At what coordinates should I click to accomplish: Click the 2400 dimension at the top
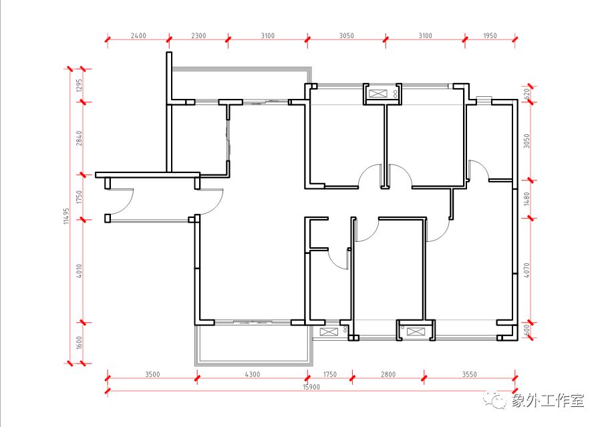[x=138, y=36]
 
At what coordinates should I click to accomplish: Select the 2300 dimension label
[x=198, y=36]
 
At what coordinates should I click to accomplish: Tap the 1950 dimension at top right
[x=490, y=36]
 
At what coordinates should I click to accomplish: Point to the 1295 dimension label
[x=80, y=86]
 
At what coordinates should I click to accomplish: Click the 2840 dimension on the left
[x=80, y=138]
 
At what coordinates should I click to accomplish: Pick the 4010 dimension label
[x=80, y=271]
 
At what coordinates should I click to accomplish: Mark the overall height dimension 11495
[x=67, y=217]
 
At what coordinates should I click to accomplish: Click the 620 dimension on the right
[x=526, y=94]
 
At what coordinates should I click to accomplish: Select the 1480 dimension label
[x=526, y=199]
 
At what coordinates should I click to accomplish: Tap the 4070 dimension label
[x=526, y=270]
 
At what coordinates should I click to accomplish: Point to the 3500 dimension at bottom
[x=152, y=374]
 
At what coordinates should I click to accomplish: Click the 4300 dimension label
[x=253, y=374]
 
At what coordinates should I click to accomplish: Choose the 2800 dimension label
[x=388, y=374]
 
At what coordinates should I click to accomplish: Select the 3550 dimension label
[x=469, y=374]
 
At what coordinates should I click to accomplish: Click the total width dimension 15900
[x=311, y=387]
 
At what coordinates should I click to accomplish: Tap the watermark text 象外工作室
[x=548, y=401]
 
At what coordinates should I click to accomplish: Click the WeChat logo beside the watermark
[x=495, y=400]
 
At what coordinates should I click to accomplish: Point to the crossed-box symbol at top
[x=377, y=94]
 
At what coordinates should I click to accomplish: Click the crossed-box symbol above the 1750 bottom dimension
[x=329, y=332]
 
